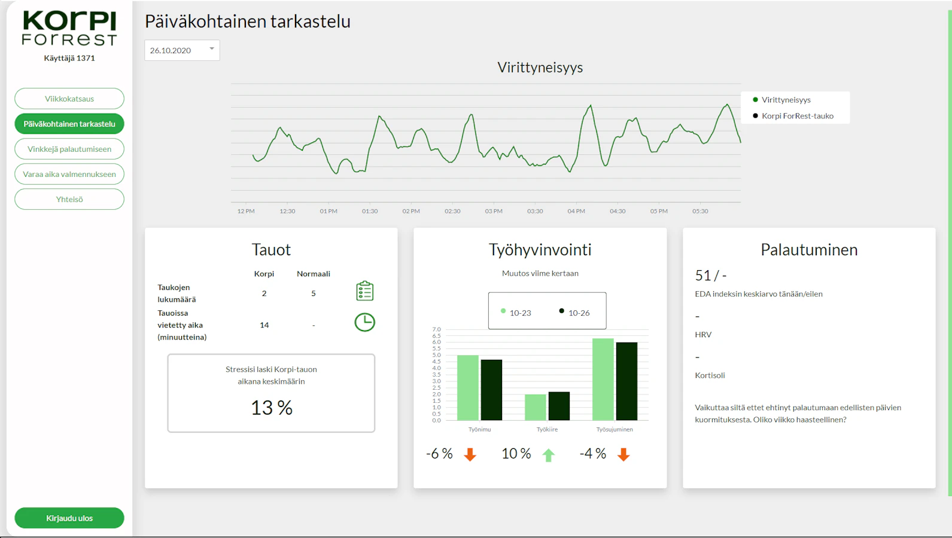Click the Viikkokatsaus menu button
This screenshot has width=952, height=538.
tap(69, 99)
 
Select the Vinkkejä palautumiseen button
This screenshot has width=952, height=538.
tap(69, 149)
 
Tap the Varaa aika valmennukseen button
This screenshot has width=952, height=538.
tap(69, 174)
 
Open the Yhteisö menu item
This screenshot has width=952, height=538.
tap(69, 199)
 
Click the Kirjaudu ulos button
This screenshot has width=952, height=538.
tap(69, 518)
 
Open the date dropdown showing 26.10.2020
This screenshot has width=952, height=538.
tap(182, 50)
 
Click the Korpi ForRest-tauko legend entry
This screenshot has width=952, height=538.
tap(793, 116)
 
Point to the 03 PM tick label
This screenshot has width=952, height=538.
tap(494, 211)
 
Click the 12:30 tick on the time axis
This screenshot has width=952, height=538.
tap(287, 211)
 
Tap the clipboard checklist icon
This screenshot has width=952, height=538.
tap(364, 291)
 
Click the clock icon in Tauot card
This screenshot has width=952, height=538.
tap(364, 322)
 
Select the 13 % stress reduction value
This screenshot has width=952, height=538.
tap(272, 408)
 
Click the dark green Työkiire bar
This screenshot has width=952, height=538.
tap(559, 406)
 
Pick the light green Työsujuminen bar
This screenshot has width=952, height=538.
tap(603, 379)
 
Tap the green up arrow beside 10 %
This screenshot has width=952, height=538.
tap(548, 455)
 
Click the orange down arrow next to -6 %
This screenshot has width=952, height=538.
tap(470, 454)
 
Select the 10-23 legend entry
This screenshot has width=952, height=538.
tap(516, 313)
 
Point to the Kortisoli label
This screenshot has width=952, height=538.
tap(710, 375)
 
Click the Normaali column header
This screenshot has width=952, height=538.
tap(313, 274)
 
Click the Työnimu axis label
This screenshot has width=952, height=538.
tap(479, 429)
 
